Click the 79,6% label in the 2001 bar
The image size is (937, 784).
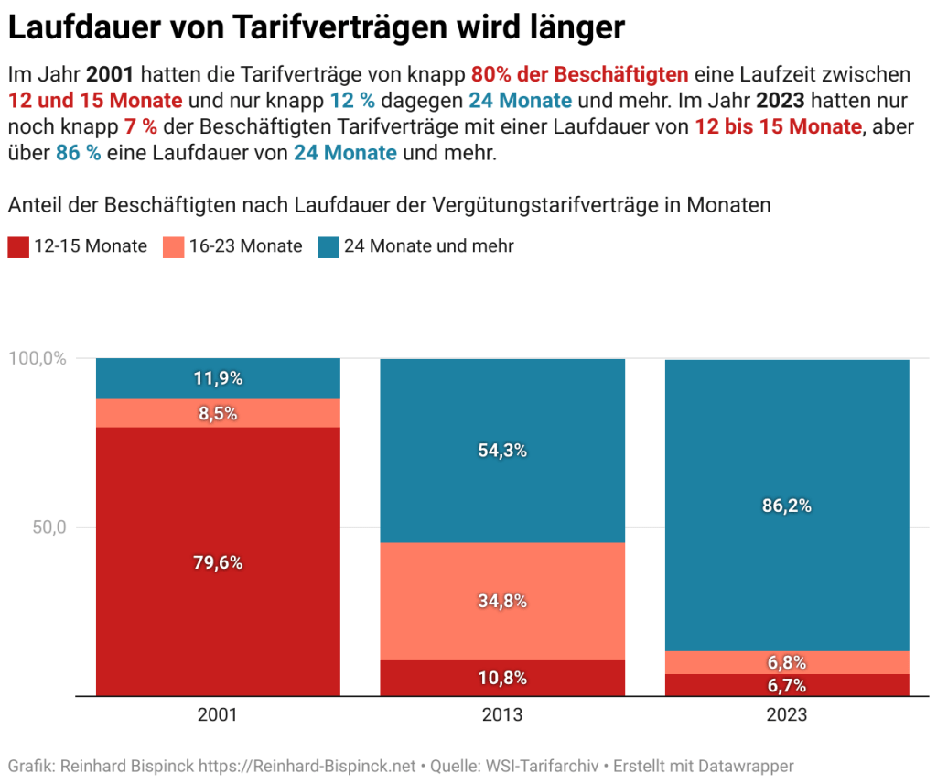click(218, 562)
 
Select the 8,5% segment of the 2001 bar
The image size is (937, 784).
click(218, 413)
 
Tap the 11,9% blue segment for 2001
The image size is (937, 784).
click(218, 378)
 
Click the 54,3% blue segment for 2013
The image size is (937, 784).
click(501, 451)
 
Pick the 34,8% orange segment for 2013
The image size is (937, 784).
click(501, 602)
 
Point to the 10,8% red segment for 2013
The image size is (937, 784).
click(501, 679)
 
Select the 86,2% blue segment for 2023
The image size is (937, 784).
click(787, 505)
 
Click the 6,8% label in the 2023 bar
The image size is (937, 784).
click(787, 662)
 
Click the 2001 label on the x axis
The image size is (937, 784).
click(218, 715)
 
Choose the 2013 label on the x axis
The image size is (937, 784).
click(501, 715)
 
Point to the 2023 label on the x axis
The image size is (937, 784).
click(787, 715)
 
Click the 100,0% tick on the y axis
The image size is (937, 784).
click(38, 358)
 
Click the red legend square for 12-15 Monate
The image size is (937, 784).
click(17, 246)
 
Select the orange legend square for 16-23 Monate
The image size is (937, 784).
click(173, 246)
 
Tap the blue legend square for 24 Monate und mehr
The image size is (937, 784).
click(328, 246)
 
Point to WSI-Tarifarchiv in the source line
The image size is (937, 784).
click(543, 766)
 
